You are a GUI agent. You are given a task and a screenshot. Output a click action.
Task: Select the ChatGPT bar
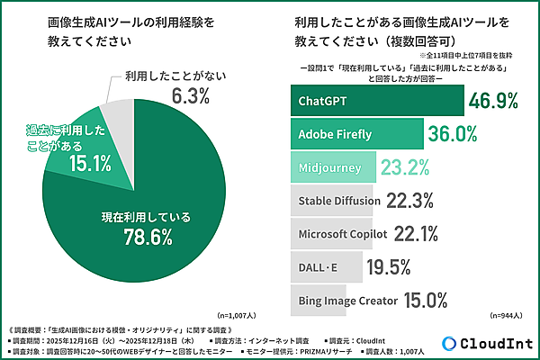click(378, 101)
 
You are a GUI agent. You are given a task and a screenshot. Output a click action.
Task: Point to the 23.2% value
click(410, 167)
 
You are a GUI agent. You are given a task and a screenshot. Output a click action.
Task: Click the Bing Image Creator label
click(346, 301)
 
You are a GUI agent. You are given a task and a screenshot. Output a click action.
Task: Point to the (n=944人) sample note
click(508, 317)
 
